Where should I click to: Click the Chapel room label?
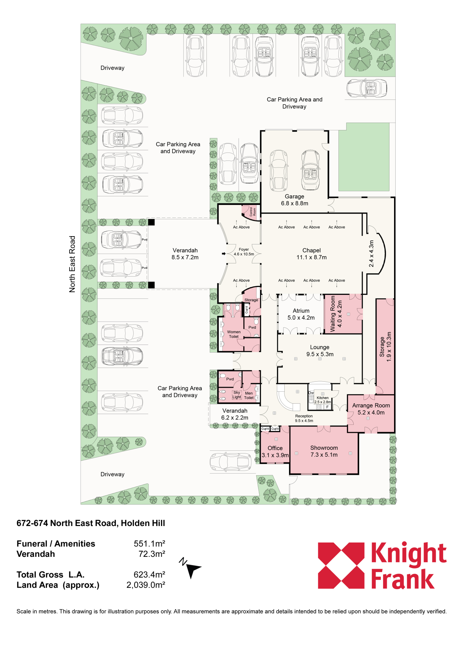[x=312, y=250]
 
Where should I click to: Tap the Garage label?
[x=294, y=196]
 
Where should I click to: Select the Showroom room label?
[x=324, y=448]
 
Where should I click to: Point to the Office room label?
[x=275, y=448]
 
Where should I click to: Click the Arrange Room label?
[x=371, y=406]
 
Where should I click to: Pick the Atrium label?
[x=301, y=311]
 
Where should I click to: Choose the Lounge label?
[x=319, y=347]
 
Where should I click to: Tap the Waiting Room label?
[x=333, y=314]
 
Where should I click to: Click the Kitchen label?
[x=322, y=398]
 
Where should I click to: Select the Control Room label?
[x=253, y=212]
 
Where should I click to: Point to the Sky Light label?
[x=237, y=395]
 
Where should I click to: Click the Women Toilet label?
[x=234, y=334]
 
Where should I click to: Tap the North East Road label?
[x=72, y=264]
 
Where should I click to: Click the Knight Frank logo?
[x=382, y=566]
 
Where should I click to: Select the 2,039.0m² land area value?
[x=146, y=585]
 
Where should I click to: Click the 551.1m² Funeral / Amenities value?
[x=149, y=544]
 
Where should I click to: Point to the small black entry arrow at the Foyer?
[x=224, y=254]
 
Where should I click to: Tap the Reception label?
[x=304, y=416]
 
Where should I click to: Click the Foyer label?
[x=244, y=249]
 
